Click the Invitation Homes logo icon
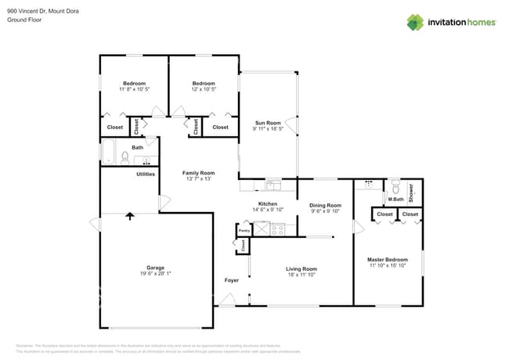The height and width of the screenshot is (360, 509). point(415,22)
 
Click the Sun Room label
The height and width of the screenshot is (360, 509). point(268,123)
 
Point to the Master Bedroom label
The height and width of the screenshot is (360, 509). point(388,260)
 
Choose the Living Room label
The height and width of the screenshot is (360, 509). point(301,269)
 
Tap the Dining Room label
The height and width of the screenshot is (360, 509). point(324,205)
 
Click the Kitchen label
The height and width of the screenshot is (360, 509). point(268,203)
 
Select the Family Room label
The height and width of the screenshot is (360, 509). point(198,173)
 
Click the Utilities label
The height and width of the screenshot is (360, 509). point(146,174)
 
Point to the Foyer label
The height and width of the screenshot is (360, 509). point(232,280)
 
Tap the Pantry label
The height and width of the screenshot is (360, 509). point(244,231)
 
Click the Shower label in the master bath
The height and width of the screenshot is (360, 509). point(410,193)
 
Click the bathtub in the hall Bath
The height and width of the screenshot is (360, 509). point(108,151)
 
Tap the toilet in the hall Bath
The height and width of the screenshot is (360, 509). point(125,158)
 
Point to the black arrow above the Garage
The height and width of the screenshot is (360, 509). point(130,217)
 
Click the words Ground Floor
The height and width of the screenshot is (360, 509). point(24,20)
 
